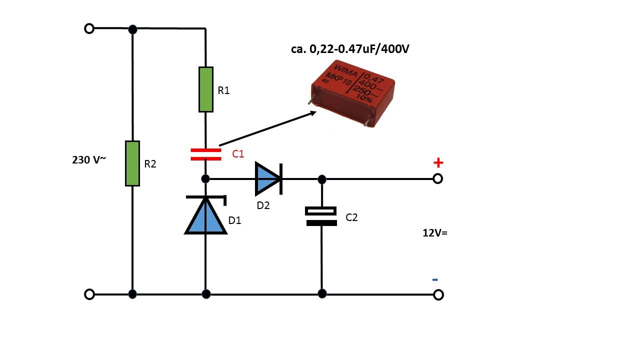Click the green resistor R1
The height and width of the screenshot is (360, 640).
(205, 89)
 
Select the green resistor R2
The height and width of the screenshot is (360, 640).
(132, 163)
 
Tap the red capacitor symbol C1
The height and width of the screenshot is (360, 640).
(205, 154)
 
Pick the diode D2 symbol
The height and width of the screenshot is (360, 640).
(268, 179)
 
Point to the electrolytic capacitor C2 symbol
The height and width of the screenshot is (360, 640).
(321, 216)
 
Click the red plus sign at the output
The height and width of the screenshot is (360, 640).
(438, 163)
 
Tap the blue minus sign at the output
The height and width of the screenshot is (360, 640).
(435, 279)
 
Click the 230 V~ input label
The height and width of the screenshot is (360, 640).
(89, 159)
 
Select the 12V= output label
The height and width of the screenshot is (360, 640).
(435, 233)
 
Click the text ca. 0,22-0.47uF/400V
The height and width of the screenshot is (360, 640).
(350, 49)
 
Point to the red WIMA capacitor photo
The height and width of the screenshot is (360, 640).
(353, 93)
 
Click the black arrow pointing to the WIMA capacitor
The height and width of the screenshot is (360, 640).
(267, 128)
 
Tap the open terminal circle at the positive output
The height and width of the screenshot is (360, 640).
(437, 179)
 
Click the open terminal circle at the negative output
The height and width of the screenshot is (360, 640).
(438, 294)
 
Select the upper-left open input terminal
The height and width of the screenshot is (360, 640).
(89, 28)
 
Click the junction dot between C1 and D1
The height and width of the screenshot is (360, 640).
(205, 179)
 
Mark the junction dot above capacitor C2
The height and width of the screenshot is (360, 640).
(322, 179)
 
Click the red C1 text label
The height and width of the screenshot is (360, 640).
(238, 154)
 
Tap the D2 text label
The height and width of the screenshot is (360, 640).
(263, 205)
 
